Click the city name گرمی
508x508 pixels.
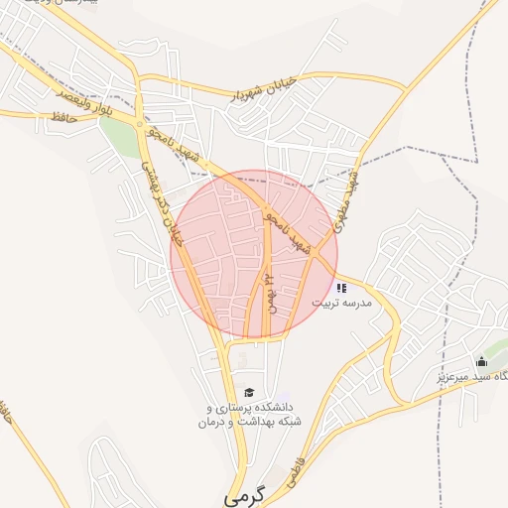(246, 493)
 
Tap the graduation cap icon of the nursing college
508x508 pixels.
(248, 393)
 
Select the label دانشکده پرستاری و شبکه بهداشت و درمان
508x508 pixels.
(249, 415)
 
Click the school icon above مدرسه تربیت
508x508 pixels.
(341, 288)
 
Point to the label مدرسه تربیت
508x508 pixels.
(342, 304)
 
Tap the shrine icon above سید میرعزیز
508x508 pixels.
(482, 362)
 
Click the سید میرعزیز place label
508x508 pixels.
(472, 377)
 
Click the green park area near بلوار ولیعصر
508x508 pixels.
(119, 139)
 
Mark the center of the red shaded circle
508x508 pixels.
(254, 254)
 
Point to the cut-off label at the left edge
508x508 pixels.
(5, 417)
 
